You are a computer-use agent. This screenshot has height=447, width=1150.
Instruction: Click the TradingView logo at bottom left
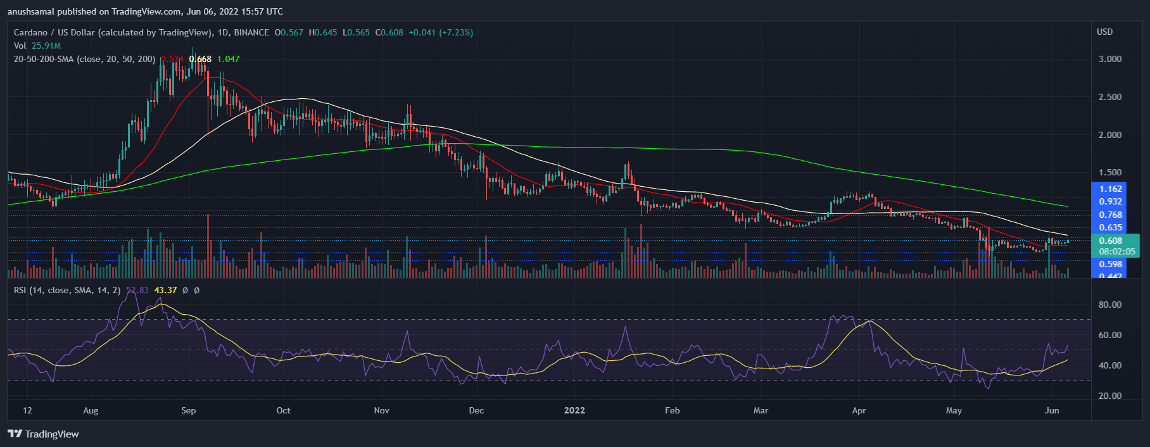coord(43,434)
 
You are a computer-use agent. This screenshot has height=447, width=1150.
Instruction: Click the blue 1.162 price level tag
coord(1110,189)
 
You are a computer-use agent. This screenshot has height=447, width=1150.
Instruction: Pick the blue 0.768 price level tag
coord(1110,215)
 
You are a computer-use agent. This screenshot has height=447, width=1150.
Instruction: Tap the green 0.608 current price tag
coord(1110,241)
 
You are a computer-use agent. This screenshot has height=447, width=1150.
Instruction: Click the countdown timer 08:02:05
coord(1116,251)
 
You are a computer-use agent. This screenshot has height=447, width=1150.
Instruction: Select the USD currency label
coord(1104,32)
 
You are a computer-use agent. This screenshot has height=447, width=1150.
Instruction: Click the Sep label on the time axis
coord(189,410)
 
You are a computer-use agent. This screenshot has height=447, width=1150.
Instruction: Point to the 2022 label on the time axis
coord(574,410)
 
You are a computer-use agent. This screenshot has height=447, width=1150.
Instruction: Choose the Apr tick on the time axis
coord(859,410)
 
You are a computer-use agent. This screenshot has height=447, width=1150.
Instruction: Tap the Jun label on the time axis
coord(1052,410)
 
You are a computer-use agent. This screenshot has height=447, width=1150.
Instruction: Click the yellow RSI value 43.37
coord(165,290)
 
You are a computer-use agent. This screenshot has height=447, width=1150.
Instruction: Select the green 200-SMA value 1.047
coord(228,59)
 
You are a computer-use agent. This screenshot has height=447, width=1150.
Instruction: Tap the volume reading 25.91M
coord(46,46)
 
